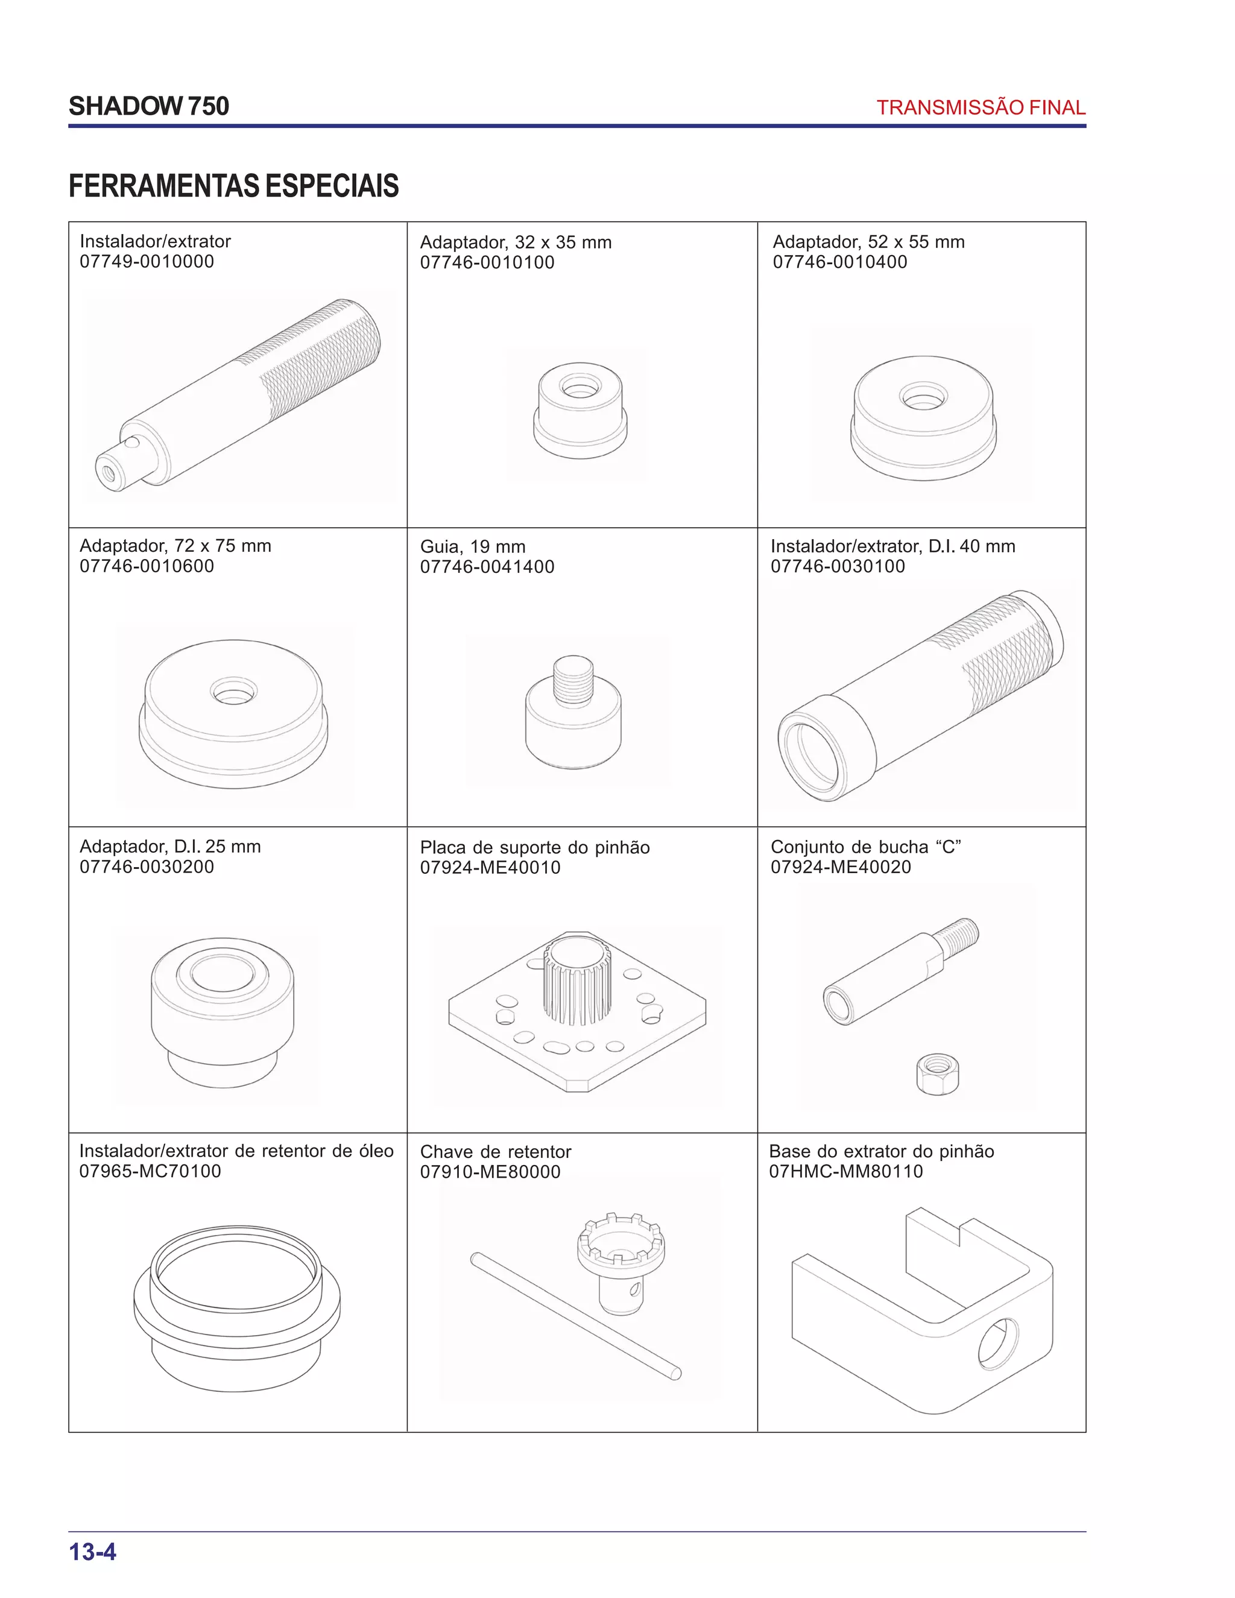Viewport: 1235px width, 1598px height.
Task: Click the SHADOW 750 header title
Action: coord(148,106)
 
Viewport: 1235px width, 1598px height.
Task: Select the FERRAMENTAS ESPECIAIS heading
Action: coord(233,186)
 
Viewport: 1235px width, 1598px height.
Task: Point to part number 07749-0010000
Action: coord(147,262)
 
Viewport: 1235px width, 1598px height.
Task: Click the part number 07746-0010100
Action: coord(487,263)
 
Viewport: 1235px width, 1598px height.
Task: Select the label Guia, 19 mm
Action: coord(473,546)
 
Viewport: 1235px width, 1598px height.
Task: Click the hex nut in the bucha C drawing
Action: coord(937,1073)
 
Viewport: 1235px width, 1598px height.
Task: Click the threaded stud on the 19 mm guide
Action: coord(573,680)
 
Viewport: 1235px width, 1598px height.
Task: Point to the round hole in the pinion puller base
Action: coord(998,1344)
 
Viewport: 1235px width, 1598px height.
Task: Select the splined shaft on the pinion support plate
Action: coord(576,981)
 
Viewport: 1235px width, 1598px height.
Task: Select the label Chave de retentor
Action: coord(495,1152)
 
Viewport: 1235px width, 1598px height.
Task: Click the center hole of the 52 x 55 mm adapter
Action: coord(923,397)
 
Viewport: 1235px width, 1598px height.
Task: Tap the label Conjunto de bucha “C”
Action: coord(865,847)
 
